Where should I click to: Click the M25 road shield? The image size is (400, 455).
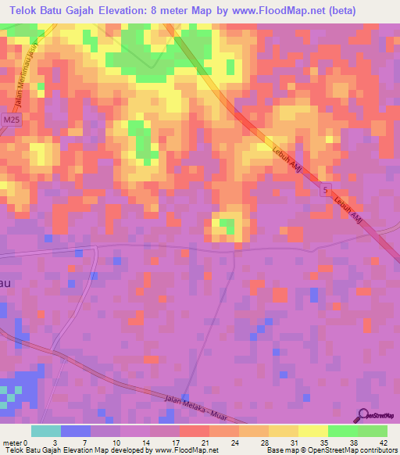10,119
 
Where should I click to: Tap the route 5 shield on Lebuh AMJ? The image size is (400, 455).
325,190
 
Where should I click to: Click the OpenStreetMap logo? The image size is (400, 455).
377,417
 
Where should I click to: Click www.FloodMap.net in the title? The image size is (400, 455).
270,11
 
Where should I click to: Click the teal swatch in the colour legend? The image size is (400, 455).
46,431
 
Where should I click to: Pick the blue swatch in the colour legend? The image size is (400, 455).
76,431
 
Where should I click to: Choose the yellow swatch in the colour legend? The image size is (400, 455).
312,431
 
